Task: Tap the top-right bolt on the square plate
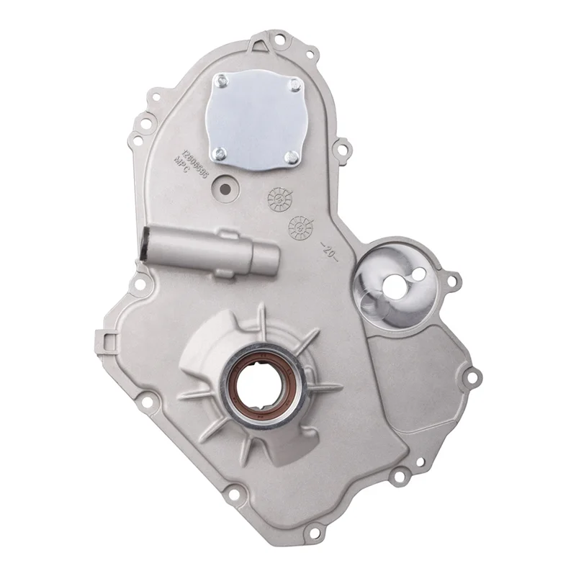coord(293,88)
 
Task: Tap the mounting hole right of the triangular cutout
coord(310,54)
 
